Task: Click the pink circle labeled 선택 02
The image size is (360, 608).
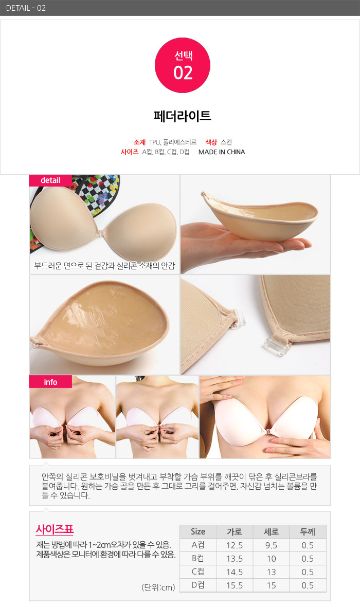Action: [183, 65]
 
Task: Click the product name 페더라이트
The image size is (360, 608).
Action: [183, 116]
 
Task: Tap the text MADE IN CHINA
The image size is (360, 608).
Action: [222, 152]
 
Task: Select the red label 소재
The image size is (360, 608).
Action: [140, 142]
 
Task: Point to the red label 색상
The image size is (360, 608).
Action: [211, 142]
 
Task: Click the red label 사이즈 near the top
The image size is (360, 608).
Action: [130, 152]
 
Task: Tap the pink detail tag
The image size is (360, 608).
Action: [50, 180]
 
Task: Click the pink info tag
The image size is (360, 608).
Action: [50, 382]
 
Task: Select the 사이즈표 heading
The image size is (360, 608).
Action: [55, 529]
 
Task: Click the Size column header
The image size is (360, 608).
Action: [198, 531]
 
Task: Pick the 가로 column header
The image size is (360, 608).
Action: [235, 531]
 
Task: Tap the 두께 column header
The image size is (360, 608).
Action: [308, 531]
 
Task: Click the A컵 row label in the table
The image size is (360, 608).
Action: [198, 545]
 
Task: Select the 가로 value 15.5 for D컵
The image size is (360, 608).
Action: [235, 585]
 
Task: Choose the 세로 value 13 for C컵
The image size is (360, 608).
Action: [271, 572]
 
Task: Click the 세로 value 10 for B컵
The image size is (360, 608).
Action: [271, 559]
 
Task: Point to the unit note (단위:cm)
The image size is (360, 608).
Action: [158, 587]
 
